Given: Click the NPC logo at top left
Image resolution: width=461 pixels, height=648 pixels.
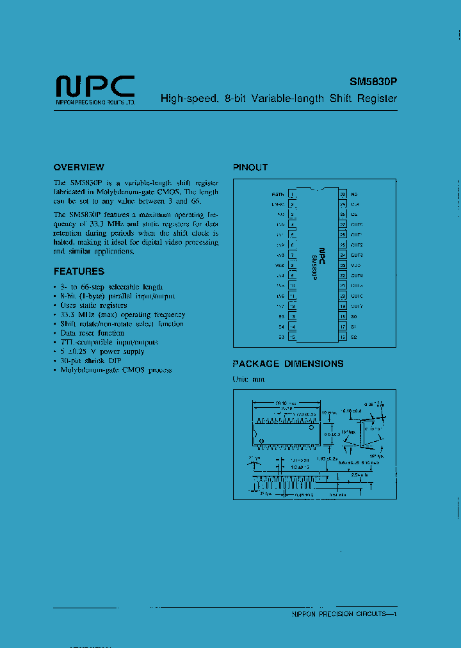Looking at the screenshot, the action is [x=95, y=85].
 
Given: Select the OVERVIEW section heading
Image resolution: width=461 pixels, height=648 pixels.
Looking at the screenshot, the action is [x=79, y=167].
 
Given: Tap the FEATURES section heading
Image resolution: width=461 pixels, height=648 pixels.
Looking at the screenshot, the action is [x=79, y=271].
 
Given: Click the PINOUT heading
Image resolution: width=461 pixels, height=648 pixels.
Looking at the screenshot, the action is [x=250, y=167].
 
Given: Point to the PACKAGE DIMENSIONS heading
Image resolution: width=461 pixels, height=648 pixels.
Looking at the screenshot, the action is [x=288, y=364].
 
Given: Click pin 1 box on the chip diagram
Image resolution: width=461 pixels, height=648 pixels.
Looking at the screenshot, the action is [x=292, y=194].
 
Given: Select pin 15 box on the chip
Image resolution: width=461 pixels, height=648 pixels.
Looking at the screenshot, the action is [x=292, y=337].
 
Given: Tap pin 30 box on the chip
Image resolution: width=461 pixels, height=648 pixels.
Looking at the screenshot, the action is [x=343, y=194].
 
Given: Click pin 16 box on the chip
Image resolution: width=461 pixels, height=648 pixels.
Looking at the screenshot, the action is [x=343, y=337].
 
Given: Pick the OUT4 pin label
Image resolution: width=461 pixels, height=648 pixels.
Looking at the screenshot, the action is [x=357, y=275].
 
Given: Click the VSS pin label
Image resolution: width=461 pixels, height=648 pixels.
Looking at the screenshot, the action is [x=279, y=265].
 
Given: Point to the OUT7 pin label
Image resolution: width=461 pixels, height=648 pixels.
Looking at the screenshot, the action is [x=357, y=306].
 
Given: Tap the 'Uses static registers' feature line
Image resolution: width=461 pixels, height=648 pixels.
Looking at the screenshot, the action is [x=94, y=305].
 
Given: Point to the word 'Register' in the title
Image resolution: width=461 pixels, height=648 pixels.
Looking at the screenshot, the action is [x=377, y=99].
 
